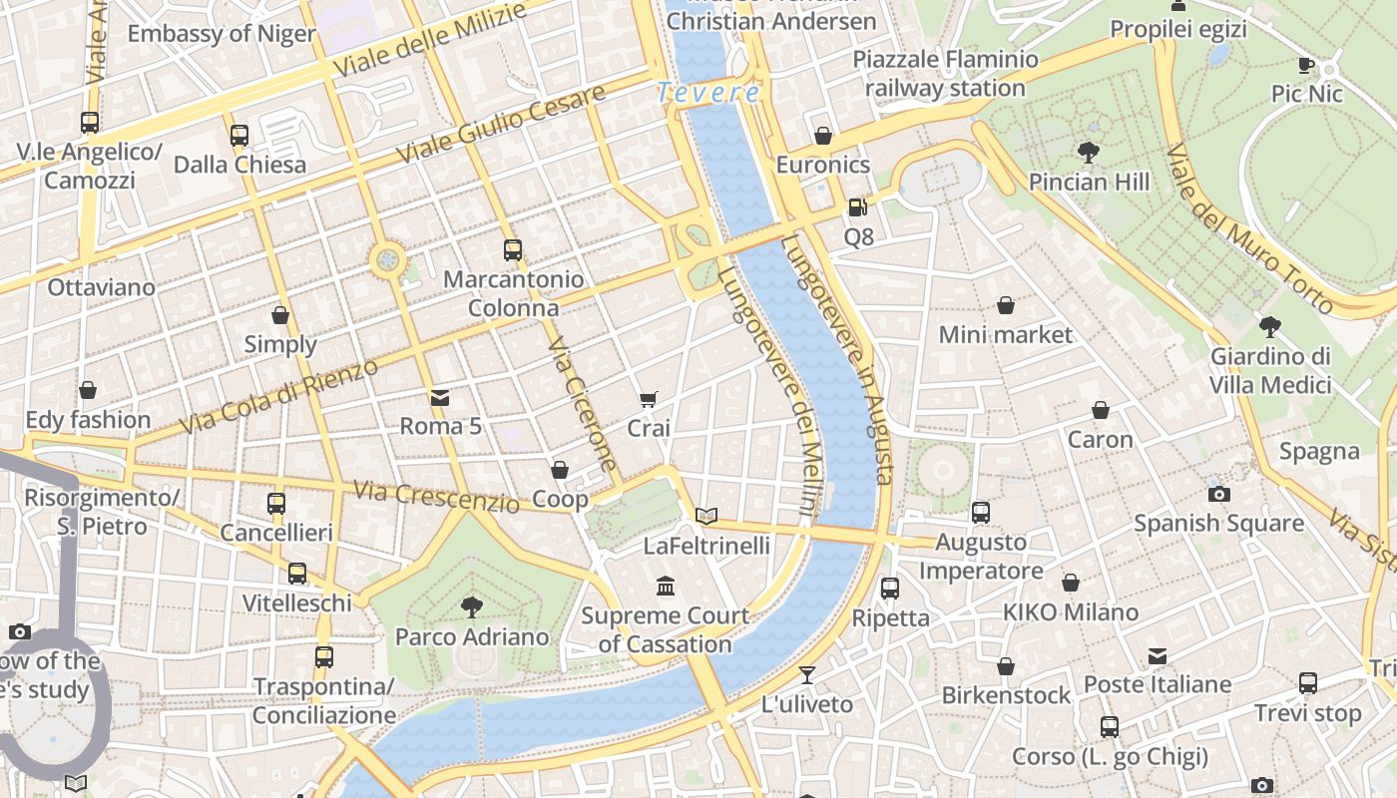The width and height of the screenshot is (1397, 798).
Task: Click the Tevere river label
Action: point(708,93)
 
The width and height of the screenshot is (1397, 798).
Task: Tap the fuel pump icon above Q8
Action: point(857,207)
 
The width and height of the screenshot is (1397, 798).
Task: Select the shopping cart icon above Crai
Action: point(648,399)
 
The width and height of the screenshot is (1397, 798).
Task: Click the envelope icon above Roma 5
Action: point(439,397)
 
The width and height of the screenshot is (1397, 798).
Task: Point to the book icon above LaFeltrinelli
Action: point(706,516)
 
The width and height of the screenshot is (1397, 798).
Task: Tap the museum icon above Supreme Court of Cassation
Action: point(666,586)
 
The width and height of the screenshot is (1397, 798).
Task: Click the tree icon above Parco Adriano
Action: point(472,605)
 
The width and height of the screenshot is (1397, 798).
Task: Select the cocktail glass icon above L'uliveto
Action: point(807,675)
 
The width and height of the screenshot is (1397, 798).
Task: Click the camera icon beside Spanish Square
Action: point(1218,494)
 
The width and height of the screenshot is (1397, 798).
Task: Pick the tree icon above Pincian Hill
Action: point(1088,152)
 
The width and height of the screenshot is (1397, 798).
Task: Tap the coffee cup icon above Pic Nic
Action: point(1305,65)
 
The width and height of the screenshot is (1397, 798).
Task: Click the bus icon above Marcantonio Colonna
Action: point(513,249)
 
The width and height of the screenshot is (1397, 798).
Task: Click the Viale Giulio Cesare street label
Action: point(501,125)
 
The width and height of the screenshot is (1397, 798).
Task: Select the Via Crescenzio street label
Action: point(437,496)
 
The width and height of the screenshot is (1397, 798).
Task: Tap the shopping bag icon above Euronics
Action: point(823,136)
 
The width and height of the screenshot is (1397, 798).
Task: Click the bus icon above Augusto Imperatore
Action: point(981,513)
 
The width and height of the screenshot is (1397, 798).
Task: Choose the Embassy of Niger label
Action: point(221,33)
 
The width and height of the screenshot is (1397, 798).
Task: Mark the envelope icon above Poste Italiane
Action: point(1157,655)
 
